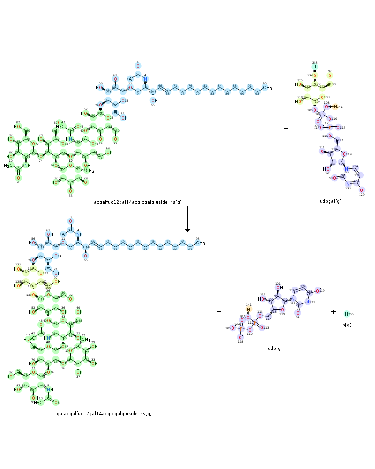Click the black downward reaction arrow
click(187, 219)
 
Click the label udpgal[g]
click(330, 201)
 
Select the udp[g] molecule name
click(275, 348)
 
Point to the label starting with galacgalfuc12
click(104, 414)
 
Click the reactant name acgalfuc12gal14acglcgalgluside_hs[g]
click(138, 202)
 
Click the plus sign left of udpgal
click(286, 128)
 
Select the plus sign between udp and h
click(333, 311)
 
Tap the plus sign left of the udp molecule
click(219, 311)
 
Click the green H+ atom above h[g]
click(347, 314)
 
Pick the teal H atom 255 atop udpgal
click(315, 67)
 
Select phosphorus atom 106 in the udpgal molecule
click(322, 114)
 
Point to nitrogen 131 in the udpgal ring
click(348, 184)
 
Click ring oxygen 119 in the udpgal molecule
click(345, 154)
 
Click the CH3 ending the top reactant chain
click(267, 88)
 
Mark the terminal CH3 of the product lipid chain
click(200, 243)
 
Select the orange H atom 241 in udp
click(248, 309)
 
